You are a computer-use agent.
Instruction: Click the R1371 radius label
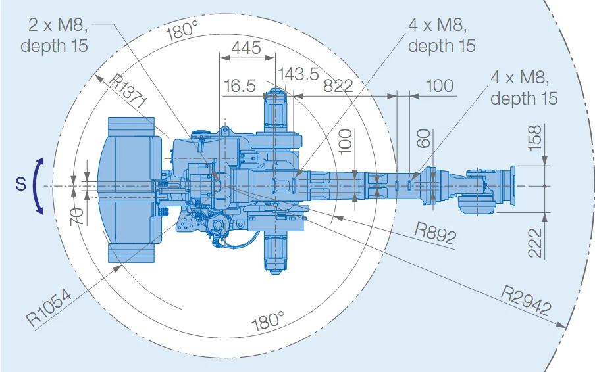click(x=128, y=91)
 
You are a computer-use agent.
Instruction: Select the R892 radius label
click(x=435, y=233)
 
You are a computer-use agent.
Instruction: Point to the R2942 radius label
click(x=526, y=301)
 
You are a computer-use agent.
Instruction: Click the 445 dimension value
click(x=246, y=48)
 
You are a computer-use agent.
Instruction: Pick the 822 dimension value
click(x=338, y=86)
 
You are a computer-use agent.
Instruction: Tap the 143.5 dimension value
click(x=298, y=74)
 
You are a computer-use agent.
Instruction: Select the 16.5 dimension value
click(x=240, y=85)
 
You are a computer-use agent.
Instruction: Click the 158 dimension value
click(x=534, y=137)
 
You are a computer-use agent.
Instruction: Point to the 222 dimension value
click(x=534, y=243)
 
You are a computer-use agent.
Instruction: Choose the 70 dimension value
click(x=77, y=217)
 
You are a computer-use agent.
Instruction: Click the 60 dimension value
click(x=423, y=139)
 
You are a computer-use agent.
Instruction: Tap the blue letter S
click(x=21, y=183)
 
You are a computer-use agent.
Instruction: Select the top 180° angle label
click(x=182, y=30)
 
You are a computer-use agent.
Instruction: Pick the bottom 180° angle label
click(x=268, y=321)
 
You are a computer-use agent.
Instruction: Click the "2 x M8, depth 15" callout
click(x=54, y=35)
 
